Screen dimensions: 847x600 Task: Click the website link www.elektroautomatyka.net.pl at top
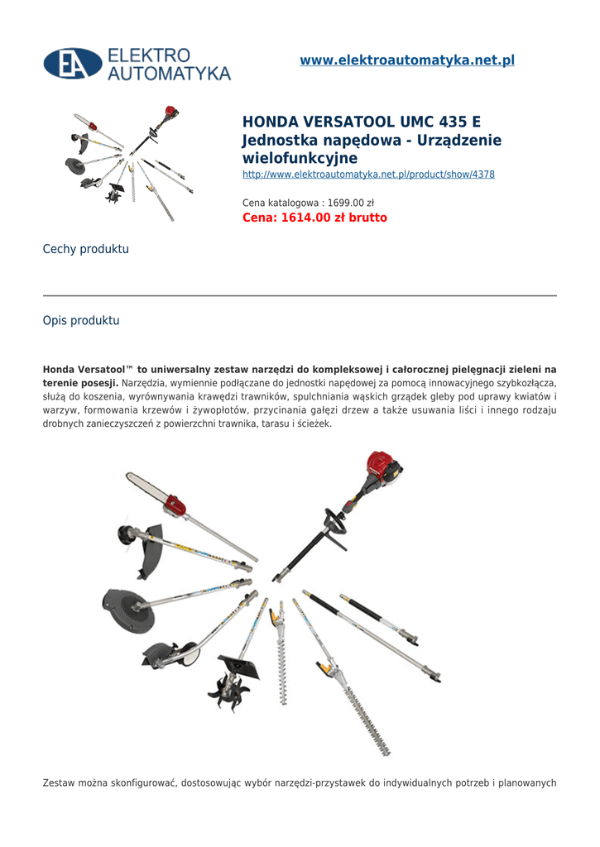pos(406,60)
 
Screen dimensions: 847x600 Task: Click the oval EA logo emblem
pos(73,64)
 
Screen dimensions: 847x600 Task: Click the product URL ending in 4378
pos(368,175)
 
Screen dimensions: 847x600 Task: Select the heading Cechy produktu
pos(85,249)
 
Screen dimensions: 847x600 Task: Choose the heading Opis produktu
pos(81,320)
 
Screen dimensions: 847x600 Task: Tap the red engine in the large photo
pos(382,471)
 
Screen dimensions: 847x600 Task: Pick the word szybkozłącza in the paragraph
pos(526,384)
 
